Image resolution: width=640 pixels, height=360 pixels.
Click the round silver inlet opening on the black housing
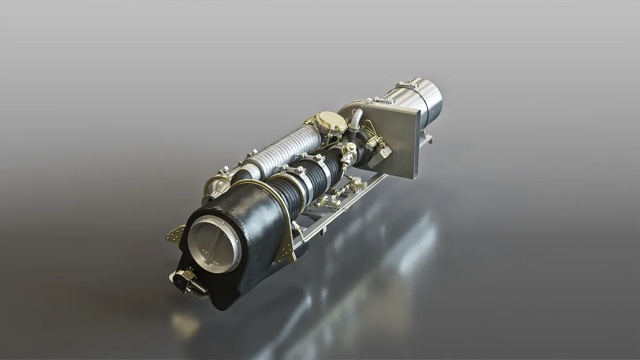(x=214, y=244)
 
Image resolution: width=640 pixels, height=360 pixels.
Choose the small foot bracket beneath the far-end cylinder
(x=427, y=138)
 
